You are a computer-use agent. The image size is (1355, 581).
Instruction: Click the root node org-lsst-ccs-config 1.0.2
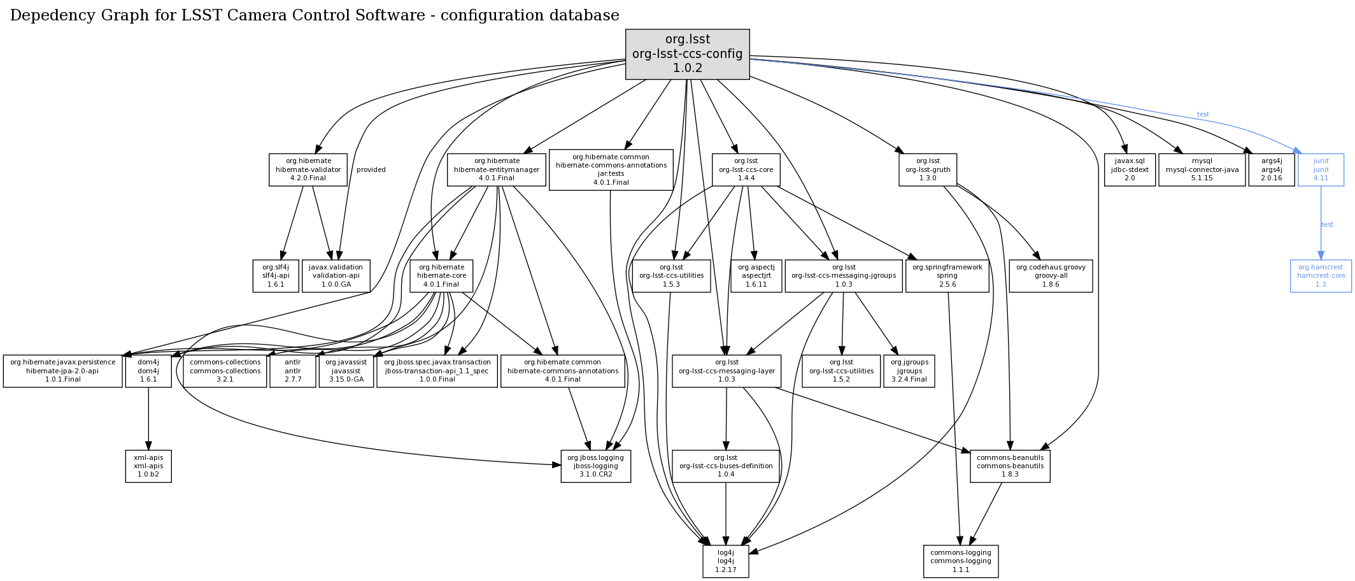click(687, 54)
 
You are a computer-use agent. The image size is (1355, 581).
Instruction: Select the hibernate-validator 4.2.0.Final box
click(308, 169)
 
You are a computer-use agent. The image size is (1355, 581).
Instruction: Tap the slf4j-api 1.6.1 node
click(276, 276)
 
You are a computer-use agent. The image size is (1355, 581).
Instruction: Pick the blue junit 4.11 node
click(1321, 169)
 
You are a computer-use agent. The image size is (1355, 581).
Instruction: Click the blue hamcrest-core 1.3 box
click(1321, 276)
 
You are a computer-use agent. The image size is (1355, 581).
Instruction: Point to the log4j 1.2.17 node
click(725, 561)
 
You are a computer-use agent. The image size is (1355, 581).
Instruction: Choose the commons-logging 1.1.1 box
click(960, 561)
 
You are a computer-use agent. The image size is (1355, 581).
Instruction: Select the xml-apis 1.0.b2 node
click(148, 466)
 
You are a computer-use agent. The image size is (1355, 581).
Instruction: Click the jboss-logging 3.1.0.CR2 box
click(595, 466)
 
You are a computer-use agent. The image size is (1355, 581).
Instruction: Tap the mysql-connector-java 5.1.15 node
click(1202, 169)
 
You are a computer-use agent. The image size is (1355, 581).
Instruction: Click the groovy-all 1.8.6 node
click(1050, 276)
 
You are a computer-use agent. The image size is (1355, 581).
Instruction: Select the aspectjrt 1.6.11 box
click(756, 276)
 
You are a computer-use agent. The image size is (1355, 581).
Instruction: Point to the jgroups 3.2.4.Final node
click(909, 371)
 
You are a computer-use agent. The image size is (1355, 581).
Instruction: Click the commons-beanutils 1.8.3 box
click(1010, 466)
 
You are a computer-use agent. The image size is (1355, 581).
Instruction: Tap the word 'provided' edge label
click(371, 169)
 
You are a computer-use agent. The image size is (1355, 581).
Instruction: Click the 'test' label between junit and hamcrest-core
click(1327, 224)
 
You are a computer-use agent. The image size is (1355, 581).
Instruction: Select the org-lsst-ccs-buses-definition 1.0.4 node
click(726, 466)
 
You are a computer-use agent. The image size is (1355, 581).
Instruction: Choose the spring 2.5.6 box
click(947, 276)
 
